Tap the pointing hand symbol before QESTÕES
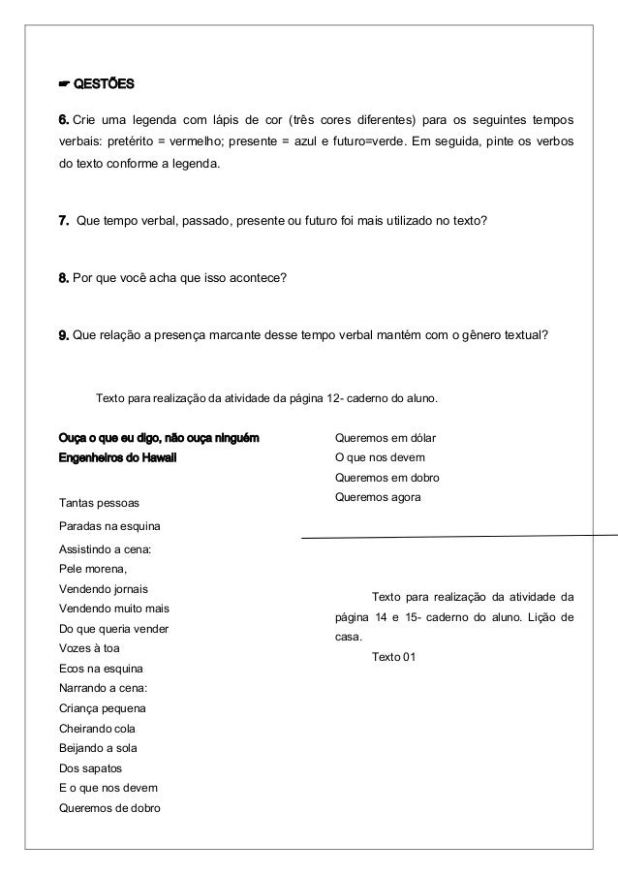pyautogui.click(x=64, y=80)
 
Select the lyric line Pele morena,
pyautogui.click(x=93, y=569)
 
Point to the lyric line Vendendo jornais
pyautogui.click(x=104, y=589)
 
